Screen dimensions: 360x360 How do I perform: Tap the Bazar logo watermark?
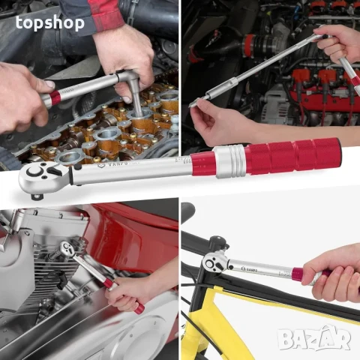314,339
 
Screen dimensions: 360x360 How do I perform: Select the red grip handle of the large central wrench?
296,155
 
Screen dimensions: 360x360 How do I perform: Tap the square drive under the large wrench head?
37,196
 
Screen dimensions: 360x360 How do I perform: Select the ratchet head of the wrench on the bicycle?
215,262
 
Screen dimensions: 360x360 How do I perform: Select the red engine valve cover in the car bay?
322,97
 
